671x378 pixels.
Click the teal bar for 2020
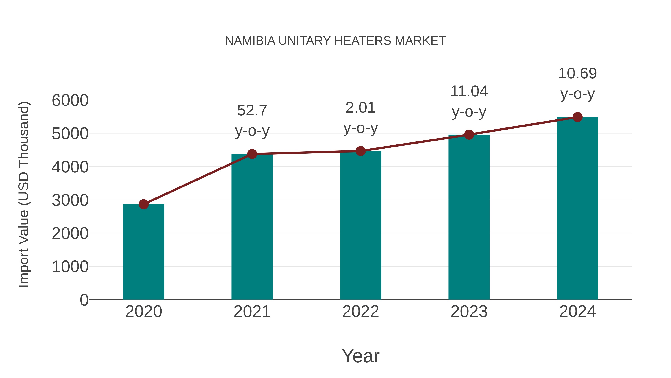point(144,252)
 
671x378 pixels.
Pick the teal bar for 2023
point(469,217)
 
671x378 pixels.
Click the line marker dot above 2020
point(144,204)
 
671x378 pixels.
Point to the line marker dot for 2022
point(360,151)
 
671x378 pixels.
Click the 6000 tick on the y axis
point(70,100)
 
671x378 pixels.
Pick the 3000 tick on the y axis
point(70,200)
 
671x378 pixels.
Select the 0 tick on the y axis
point(84,300)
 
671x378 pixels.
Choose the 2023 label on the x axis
point(469,312)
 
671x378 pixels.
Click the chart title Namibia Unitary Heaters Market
point(335,41)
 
